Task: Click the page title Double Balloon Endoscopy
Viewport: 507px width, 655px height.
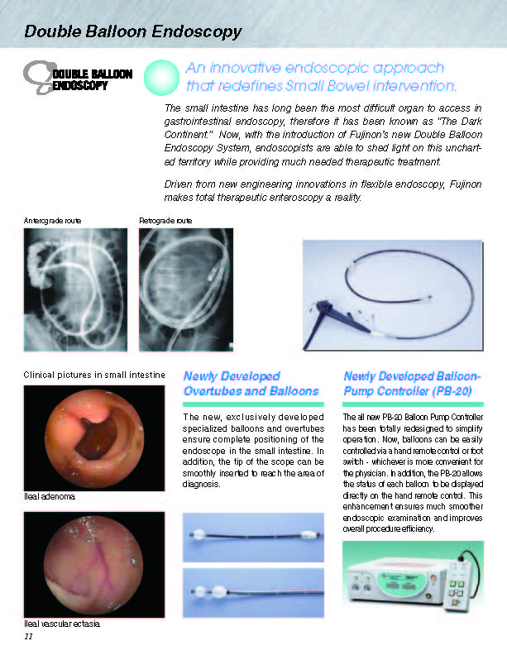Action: (133, 32)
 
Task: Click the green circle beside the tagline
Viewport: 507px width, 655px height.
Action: (162, 79)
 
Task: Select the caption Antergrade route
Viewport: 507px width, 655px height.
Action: (53, 220)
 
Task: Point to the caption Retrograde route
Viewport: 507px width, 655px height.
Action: (165, 220)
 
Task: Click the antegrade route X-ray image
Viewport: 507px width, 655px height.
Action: (75, 289)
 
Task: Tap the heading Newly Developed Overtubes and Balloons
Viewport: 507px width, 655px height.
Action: (251, 383)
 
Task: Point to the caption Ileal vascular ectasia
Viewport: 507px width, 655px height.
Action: (62, 623)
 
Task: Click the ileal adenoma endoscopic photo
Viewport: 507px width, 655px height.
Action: (94, 437)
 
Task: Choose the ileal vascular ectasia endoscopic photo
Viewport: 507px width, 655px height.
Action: (94, 564)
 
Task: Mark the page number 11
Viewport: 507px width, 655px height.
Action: (28, 637)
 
